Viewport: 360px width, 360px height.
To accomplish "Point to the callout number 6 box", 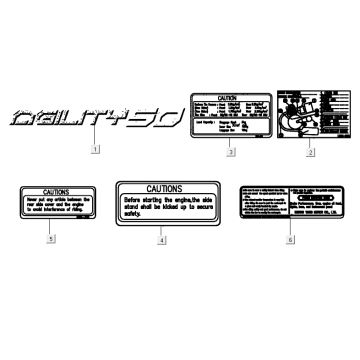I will click(x=263, y=241).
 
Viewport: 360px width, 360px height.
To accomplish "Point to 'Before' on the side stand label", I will click(x=135, y=197).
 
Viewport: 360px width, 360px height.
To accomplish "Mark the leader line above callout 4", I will click(x=162, y=230).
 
